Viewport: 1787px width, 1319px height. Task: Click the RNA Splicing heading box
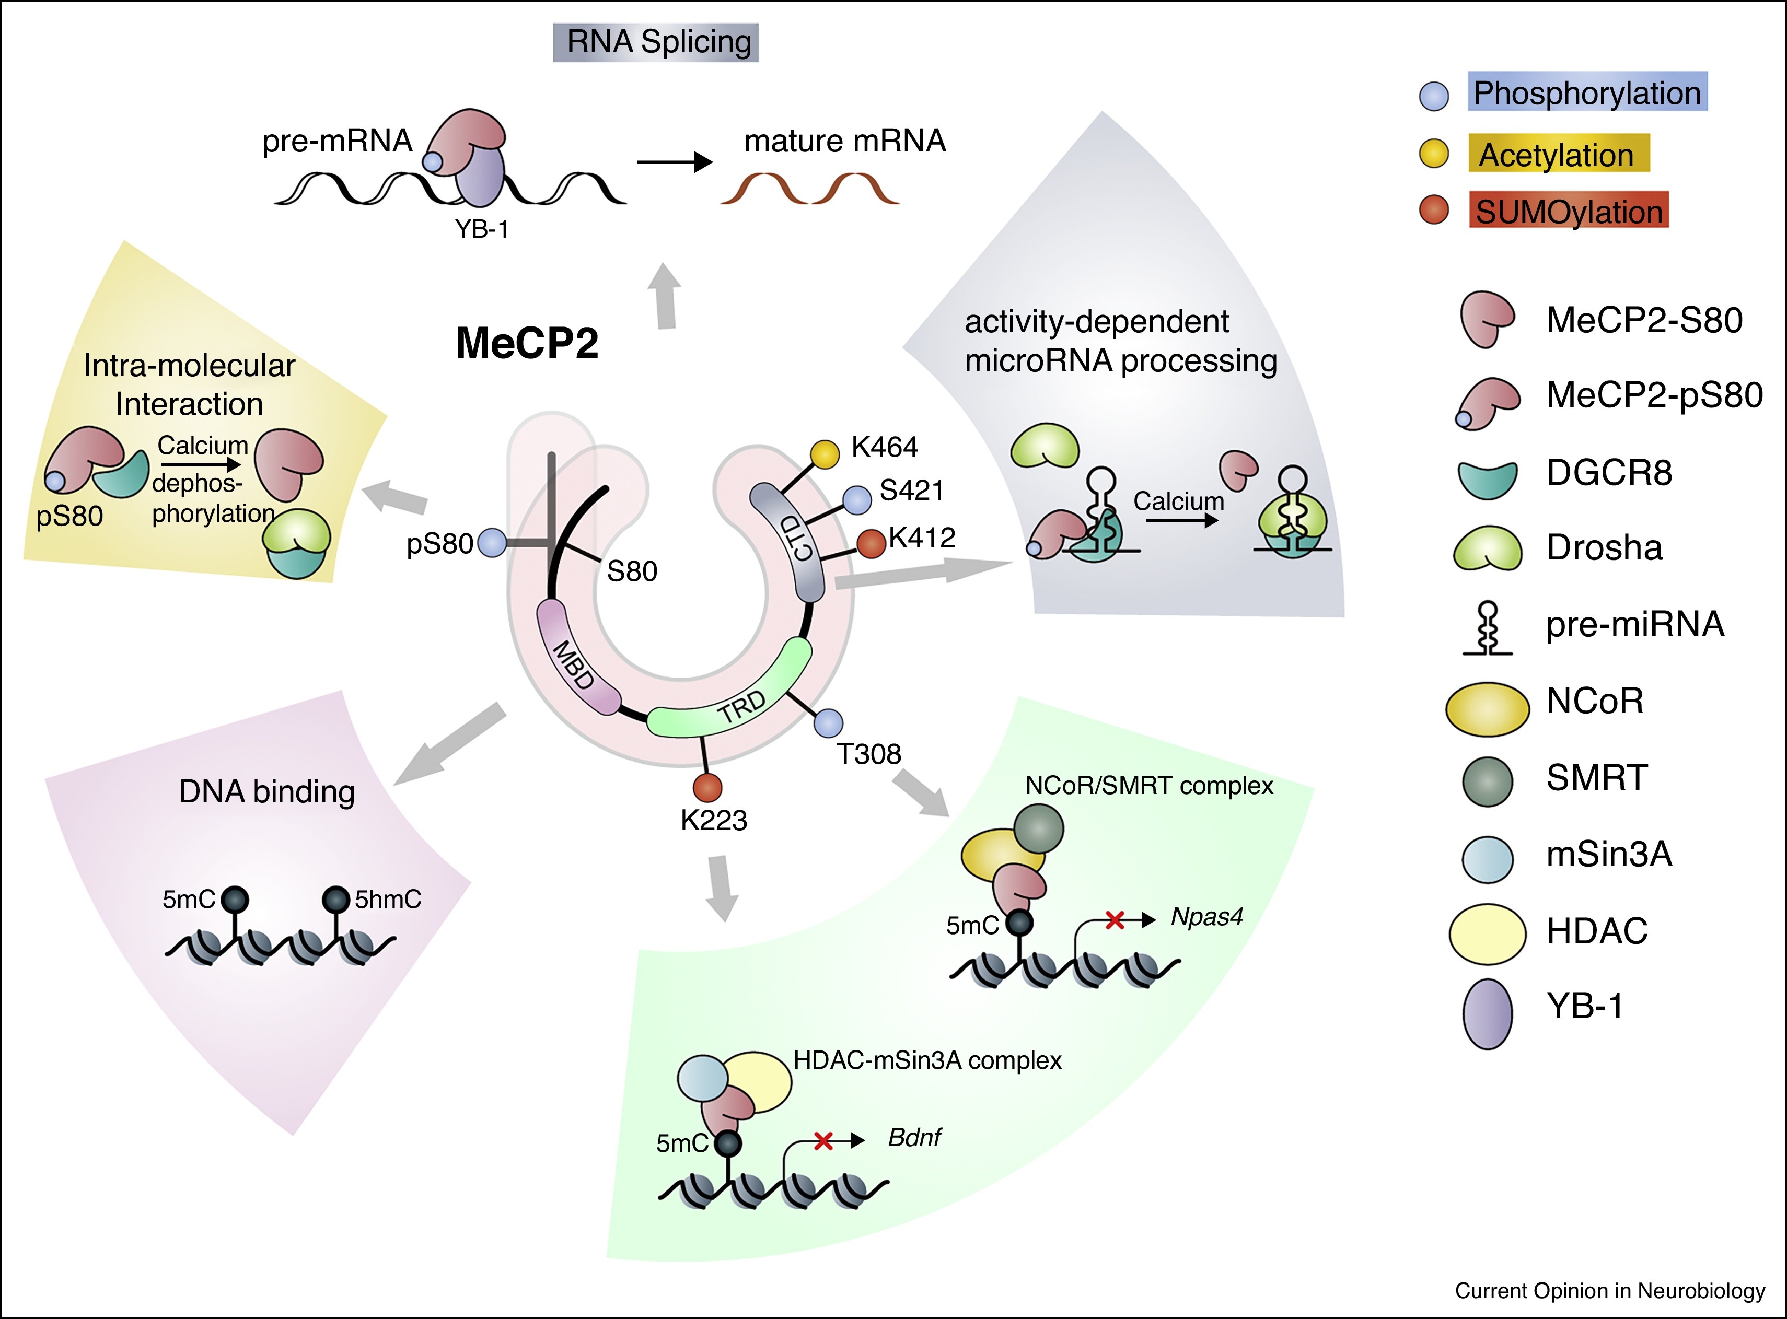tap(656, 42)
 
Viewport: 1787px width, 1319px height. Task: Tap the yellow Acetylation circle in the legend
tap(1434, 154)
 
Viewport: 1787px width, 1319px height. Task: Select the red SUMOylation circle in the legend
tap(1434, 211)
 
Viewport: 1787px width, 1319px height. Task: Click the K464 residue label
tap(884, 447)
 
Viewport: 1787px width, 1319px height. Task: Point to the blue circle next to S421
tap(857, 500)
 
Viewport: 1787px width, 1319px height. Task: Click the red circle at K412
tap(871, 544)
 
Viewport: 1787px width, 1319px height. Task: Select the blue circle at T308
tap(828, 723)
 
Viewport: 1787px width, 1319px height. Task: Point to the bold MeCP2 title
tap(527, 343)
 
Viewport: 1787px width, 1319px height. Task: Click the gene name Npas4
tap(1206, 917)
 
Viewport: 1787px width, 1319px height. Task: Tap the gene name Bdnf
tap(914, 1137)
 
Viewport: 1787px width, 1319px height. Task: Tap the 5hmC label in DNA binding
tap(388, 900)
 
